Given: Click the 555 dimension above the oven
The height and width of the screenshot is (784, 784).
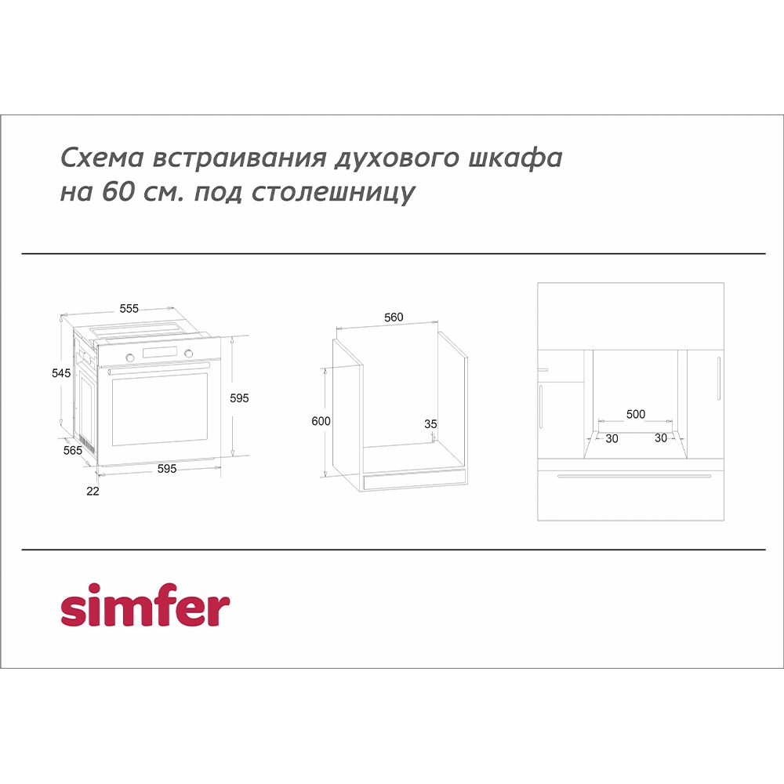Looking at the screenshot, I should coord(129,309).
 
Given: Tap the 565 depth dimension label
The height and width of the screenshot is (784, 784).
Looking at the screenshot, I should coord(73,450).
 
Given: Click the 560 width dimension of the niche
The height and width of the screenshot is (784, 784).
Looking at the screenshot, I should coord(394,318).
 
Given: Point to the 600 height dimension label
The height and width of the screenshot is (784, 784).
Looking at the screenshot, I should coord(321,421).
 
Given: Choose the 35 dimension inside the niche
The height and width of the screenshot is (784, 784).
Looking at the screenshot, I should coord(430,424).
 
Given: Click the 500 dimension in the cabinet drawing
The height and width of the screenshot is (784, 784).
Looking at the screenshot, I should coord(636,414).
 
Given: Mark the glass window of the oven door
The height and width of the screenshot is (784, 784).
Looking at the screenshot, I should coord(160,410).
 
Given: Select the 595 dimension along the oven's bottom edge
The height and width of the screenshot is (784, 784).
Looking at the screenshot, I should coord(166,469).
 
